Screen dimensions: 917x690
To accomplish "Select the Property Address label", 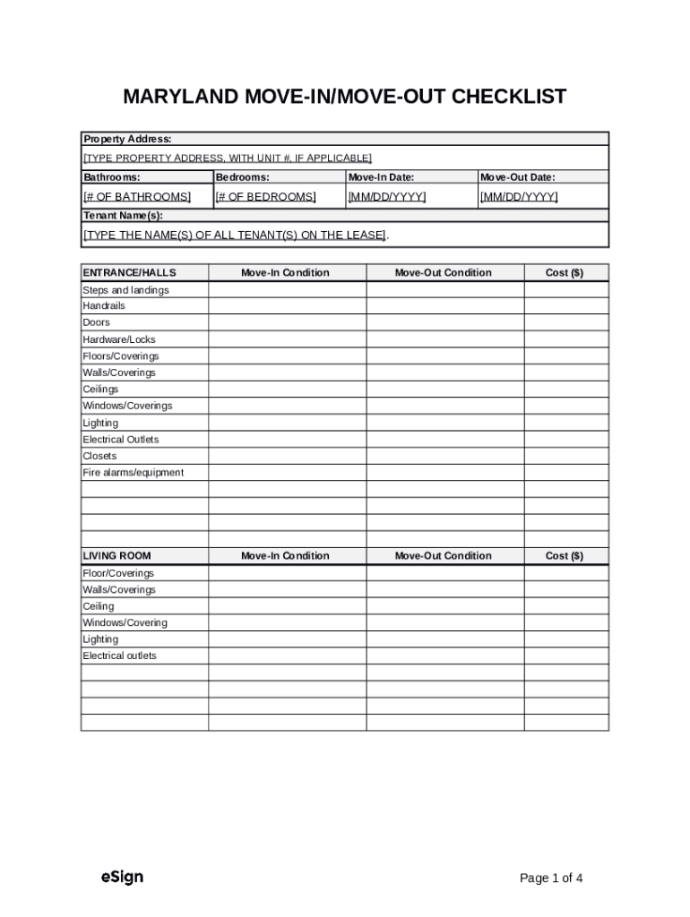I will coord(127,139).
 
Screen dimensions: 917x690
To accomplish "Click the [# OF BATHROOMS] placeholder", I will coord(136,196).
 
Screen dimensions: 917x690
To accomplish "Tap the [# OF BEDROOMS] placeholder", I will coord(265,196).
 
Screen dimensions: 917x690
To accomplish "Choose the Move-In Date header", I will coord(381,177).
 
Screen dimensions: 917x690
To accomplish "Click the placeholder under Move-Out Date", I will coord(519,196).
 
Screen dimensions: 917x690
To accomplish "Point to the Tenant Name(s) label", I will coord(124,216).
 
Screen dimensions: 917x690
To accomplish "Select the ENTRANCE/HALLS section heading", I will coord(130,272).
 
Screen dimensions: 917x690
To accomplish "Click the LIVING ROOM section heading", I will coord(117,556).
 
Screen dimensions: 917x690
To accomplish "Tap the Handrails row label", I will coord(104,305).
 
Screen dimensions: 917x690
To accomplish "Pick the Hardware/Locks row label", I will coord(119,339).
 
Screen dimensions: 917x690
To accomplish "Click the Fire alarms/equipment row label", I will coord(133,473).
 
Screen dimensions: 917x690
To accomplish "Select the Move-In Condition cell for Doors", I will coord(287,322).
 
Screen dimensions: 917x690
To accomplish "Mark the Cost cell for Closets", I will coord(565,456).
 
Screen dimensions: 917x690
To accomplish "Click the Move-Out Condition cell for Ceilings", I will coord(444,390).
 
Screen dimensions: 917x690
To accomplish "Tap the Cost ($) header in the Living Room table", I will coord(565,556).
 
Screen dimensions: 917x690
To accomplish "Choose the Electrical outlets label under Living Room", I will coord(119,656).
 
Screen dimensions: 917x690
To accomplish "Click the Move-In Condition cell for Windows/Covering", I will coord(287,622).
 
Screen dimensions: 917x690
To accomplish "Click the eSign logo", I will coord(122,877).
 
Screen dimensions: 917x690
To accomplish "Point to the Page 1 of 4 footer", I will coord(551,878).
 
